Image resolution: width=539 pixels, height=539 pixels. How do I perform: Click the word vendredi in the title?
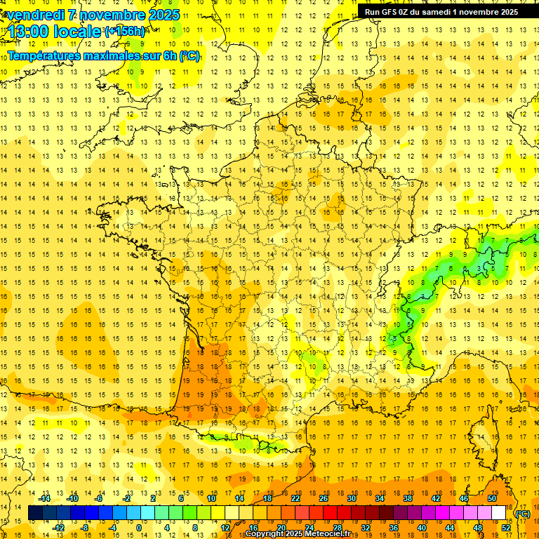coord(36,15)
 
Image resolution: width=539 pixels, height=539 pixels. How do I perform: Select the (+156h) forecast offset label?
coord(124,31)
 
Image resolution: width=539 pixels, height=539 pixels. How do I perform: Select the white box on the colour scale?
coord(499,513)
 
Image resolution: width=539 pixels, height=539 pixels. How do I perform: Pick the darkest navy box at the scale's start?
coord(35,513)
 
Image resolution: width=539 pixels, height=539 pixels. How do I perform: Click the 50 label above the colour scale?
coord(492,498)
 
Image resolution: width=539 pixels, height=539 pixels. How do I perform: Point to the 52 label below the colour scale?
coord(506,528)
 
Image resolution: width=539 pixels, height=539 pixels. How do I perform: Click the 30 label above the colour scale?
coord(352,498)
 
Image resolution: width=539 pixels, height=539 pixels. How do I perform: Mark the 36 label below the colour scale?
coord(394,528)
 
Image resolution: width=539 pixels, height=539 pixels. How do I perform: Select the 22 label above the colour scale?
coord(295,498)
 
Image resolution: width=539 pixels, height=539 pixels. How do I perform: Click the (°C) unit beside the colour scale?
coord(523,513)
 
